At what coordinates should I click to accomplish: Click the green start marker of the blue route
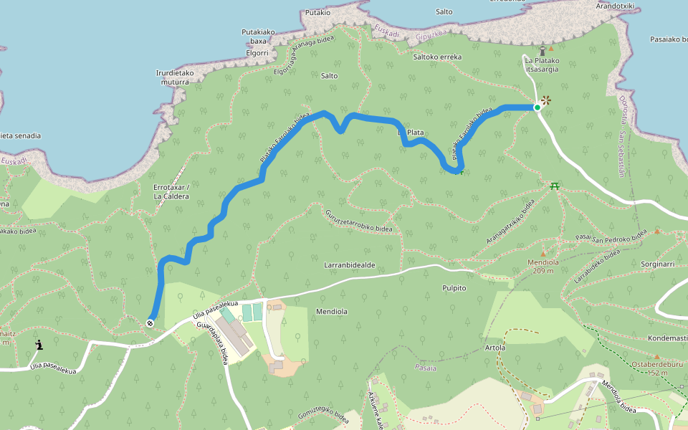537,107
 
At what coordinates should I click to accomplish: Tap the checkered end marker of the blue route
150,322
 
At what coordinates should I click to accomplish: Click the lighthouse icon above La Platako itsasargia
543,51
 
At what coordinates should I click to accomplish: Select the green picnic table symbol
555,186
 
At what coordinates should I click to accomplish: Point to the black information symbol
39,345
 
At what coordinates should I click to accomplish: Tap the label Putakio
317,12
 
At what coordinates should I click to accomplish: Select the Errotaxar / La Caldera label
171,191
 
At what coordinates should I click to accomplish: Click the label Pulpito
454,287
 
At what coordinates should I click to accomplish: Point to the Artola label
495,348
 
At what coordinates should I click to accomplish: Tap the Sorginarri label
659,264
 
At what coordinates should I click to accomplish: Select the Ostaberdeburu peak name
656,364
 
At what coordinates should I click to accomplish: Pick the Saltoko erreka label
437,57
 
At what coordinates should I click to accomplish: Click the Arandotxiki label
616,6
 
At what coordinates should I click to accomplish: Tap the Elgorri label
256,52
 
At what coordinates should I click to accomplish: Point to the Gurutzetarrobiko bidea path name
359,221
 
